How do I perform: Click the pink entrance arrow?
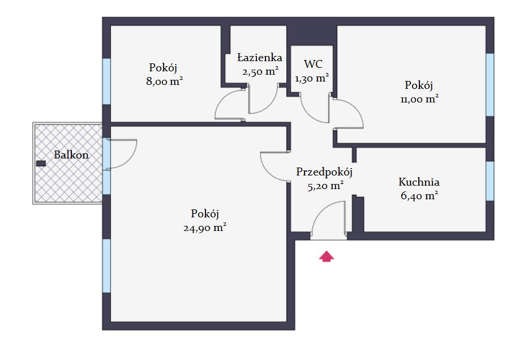pos(327,256)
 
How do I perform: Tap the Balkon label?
pos(71,155)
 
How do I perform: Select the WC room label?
pos(313,64)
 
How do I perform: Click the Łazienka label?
pos(260,57)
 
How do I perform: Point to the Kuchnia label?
pos(419,182)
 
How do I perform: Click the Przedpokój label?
pos(324,172)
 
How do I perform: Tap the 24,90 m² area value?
pos(205,228)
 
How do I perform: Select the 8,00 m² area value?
pos(164,82)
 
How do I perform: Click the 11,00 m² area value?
pos(419,99)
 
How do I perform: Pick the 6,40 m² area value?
pos(419,196)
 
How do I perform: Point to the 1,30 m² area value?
pos(312,78)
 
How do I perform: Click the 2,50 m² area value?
pos(260,71)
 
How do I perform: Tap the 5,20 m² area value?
pos(325,186)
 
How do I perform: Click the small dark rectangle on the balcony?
pos(41,164)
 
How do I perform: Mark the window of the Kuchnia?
pos(490,181)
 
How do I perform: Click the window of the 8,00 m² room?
pos(106,82)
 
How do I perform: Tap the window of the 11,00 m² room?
pos(490,85)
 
